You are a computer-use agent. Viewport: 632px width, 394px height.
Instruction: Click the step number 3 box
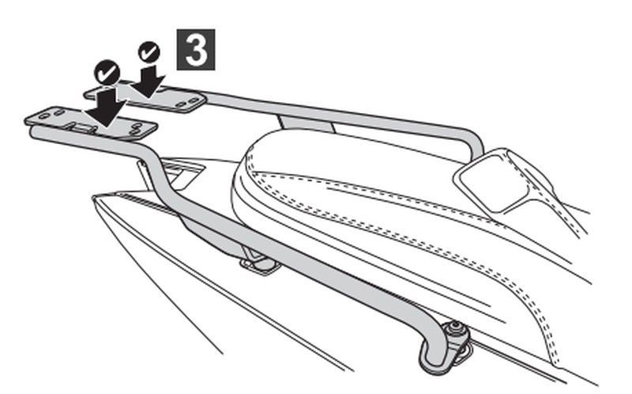tap(196, 49)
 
